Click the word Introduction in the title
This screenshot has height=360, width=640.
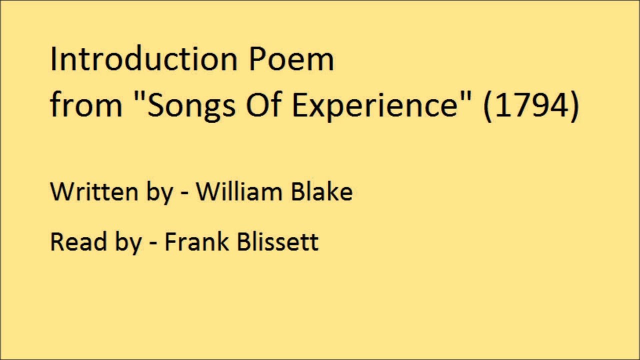click(143, 59)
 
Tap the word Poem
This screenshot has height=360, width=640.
click(291, 59)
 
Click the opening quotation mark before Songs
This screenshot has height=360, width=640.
click(140, 96)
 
